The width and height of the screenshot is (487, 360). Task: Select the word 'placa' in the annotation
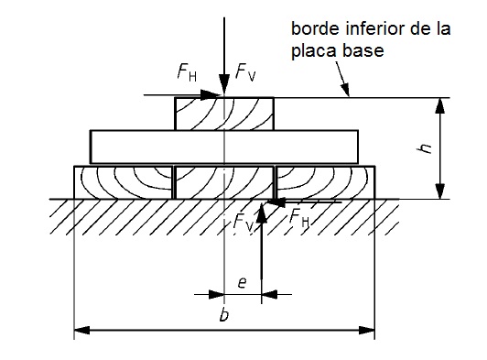coord(314,51)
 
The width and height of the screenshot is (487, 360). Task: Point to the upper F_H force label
coord(187,72)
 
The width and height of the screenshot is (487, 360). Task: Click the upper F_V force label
coord(245,72)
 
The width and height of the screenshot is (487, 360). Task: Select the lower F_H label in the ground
coord(299,217)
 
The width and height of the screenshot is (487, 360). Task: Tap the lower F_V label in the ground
coord(243,222)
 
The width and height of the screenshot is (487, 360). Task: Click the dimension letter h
coord(425,148)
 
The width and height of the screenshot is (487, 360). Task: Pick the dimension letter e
coord(242,283)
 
